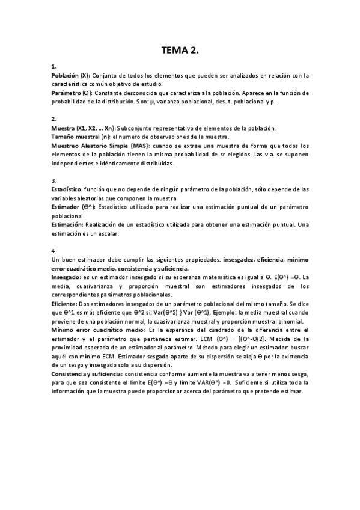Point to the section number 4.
(x=54, y=250)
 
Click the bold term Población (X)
(x=70, y=76)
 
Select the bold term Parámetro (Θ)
(x=72, y=93)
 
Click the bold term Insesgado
(x=66, y=277)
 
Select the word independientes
(x=76, y=163)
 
